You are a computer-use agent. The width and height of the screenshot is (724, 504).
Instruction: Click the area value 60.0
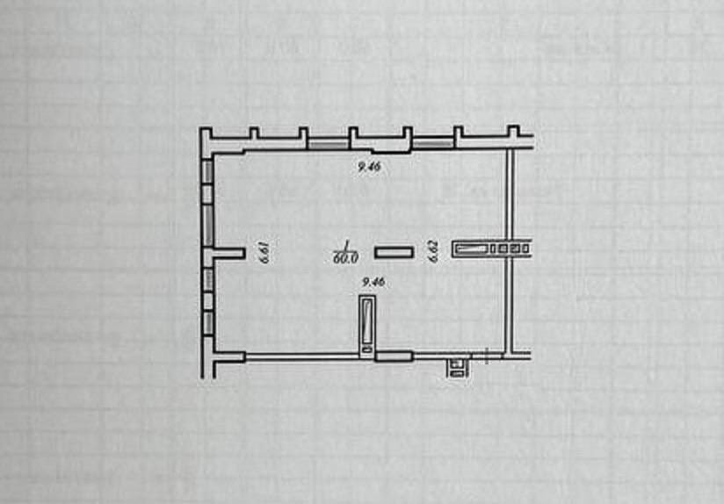pyautogui.click(x=346, y=257)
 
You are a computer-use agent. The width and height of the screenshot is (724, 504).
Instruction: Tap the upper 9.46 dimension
pyautogui.click(x=369, y=167)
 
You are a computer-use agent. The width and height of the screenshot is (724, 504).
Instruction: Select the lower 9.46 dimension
pyautogui.click(x=373, y=282)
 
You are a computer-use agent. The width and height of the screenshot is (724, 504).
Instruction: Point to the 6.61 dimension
pyautogui.click(x=264, y=251)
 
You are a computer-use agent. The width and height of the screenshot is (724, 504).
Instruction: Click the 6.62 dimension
pyautogui.click(x=433, y=251)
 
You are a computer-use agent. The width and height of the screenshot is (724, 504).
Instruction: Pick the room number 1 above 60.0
pyautogui.click(x=345, y=246)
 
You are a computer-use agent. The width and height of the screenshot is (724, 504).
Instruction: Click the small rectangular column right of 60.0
pyautogui.click(x=394, y=252)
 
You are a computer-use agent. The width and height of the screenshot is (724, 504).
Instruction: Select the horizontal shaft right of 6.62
pyautogui.click(x=491, y=248)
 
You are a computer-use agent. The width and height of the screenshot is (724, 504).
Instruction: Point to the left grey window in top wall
pyautogui.click(x=328, y=145)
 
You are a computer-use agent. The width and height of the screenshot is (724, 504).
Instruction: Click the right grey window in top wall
pyautogui.click(x=432, y=144)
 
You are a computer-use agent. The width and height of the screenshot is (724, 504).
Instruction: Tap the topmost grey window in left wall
pyautogui.click(x=208, y=170)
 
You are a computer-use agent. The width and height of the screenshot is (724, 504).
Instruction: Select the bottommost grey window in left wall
pyautogui.click(x=208, y=322)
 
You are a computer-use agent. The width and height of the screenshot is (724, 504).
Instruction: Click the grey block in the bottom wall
pyautogui.click(x=394, y=356)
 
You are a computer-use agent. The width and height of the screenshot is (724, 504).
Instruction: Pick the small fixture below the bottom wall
pyautogui.click(x=458, y=368)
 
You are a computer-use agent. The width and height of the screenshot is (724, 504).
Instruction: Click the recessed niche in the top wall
pyautogui.click(x=391, y=150)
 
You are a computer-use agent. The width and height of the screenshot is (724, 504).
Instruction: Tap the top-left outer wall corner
pyautogui.click(x=200, y=128)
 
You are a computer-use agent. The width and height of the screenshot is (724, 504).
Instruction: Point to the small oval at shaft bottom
pyautogui.click(x=367, y=349)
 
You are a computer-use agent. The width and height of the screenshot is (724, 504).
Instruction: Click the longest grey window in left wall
pyautogui.click(x=208, y=226)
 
